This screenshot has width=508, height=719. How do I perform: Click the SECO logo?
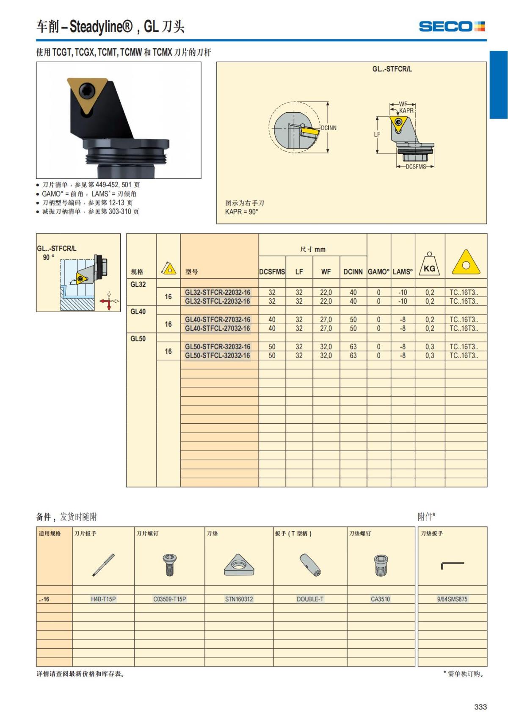pyautogui.click(x=452, y=26)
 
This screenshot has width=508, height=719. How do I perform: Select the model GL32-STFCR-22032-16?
pyautogui.click(x=218, y=292)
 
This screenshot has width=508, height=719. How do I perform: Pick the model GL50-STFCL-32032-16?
pyautogui.click(x=218, y=355)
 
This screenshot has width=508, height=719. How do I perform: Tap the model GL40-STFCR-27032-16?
pyautogui.click(x=218, y=320)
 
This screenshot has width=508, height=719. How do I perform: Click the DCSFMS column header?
pyautogui.click(x=272, y=272)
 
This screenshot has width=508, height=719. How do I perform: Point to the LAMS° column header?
pyautogui.click(x=403, y=272)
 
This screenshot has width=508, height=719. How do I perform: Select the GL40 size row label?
pyautogui.click(x=138, y=312)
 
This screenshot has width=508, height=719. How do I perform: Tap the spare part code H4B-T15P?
pyautogui.click(x=103, y=599)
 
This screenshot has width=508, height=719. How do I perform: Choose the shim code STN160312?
pyautogui.click(x=239, y=599)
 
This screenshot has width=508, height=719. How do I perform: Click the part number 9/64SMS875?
pyautogui.click(x=452, y=599)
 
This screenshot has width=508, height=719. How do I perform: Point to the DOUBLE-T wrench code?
pyautogui.click(x=310, y=599)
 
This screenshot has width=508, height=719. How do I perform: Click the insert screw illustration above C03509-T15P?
pyautogui.click(x=169, y=565)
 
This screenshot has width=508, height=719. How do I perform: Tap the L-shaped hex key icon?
pyautogui.click(x=452, y=566)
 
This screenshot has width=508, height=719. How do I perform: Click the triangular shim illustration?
pyautogui.click(x=239, y=565)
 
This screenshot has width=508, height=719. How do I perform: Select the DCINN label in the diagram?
pyautogui.click(x=329, y=128)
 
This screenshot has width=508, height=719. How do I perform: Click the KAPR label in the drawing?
pyautogui.click(x=406, y=111)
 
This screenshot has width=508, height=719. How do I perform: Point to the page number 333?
pyautogui.click(x=480, y=706)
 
